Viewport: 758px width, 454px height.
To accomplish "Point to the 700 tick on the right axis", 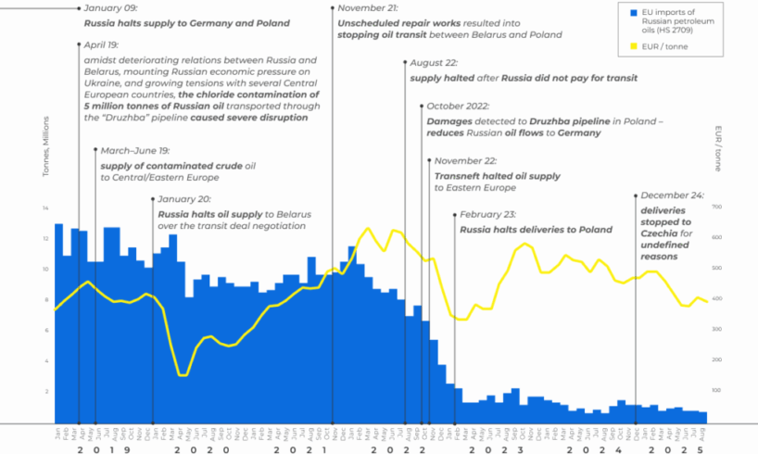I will point(716,207).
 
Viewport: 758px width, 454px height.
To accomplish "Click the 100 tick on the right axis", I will point(716,390).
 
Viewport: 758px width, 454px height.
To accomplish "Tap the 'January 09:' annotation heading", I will point(109,8).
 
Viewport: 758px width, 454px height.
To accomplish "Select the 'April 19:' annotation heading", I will point(100,44).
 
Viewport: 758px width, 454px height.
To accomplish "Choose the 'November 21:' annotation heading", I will point(368,8).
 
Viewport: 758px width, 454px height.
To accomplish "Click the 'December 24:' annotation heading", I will point(671,196).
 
